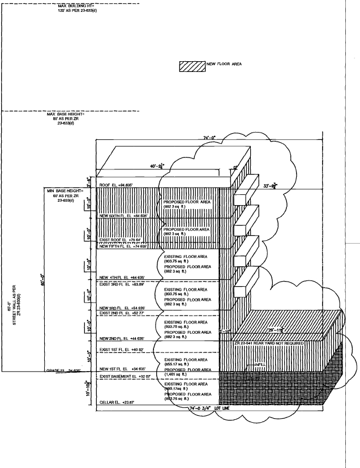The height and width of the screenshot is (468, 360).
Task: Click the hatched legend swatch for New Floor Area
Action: pos(191,65)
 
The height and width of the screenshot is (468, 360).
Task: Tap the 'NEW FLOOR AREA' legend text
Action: pos(224,65)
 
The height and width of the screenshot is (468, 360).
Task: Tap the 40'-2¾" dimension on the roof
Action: pos(156,166)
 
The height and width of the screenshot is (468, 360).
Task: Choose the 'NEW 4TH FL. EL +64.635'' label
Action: pos(123,278)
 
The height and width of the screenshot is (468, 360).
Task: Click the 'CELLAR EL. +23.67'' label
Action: pos(118,403)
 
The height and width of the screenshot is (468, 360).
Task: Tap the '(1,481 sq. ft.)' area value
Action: pos(177,375)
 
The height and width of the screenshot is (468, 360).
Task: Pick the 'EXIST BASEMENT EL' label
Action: pos(123,376)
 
